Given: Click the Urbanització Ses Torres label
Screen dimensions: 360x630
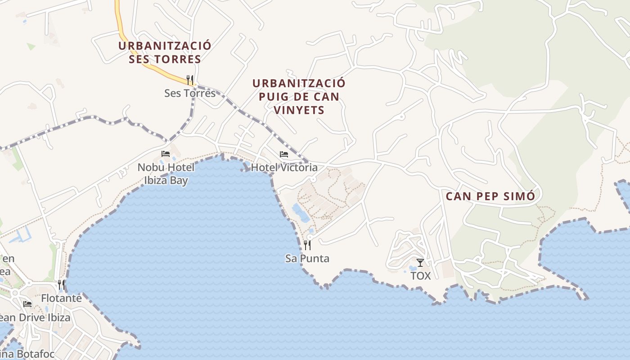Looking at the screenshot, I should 165,52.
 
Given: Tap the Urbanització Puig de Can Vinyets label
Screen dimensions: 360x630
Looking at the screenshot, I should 299,96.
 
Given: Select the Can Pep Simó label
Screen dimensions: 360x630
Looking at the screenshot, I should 490,197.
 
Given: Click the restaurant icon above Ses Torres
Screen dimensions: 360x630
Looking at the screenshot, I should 190,80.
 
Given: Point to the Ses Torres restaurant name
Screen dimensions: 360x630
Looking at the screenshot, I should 190,93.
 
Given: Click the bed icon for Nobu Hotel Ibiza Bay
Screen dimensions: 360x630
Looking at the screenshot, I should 166,154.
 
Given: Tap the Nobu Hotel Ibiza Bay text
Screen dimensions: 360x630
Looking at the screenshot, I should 166,174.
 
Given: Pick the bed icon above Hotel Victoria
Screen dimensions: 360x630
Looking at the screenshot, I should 284,154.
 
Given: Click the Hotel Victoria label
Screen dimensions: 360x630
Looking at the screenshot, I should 284,168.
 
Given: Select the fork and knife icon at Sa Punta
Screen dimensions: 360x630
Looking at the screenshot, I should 307,245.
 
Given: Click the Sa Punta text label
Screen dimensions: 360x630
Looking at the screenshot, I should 307,259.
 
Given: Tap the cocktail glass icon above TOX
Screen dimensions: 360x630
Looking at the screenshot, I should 420,262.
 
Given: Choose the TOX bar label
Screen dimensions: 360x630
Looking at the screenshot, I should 421,276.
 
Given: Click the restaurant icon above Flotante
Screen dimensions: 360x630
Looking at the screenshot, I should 61,284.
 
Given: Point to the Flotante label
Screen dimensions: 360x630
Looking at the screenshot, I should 61,298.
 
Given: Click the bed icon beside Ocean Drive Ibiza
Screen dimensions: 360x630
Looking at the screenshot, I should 27,304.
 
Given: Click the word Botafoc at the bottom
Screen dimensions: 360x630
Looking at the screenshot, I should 34,354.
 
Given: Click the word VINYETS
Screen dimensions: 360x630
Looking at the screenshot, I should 299,110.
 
